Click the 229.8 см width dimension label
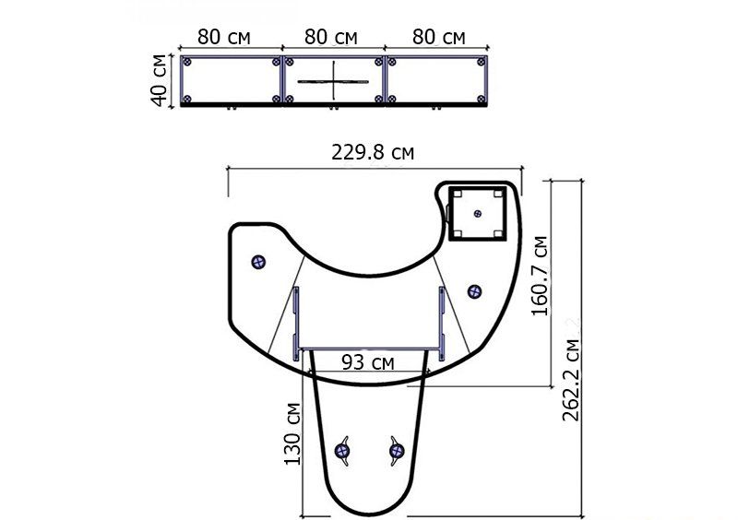tap(373, 152)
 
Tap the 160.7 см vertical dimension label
tap(540, 276)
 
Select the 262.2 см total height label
tap(571, 379)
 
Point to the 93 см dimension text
tap(368, 362)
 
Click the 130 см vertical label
tap(292, 434)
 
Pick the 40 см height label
tap(159, 80)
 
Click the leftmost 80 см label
tap(223, 37)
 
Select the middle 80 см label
tap(331, 37)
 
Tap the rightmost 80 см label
tap(439, 37)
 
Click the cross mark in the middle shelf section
tap(333, 81)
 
